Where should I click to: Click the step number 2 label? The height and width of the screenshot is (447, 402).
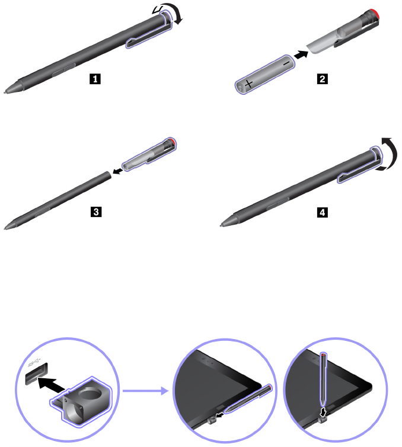(321, 78)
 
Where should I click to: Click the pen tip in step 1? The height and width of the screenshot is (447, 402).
(7, 91)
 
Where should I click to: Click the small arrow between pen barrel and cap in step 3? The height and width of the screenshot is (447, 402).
(118, 171)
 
